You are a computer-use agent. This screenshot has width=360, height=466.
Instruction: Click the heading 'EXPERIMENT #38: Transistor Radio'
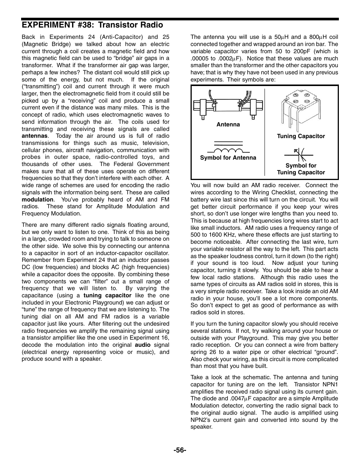92,25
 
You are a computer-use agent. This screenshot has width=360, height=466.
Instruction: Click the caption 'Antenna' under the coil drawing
228,125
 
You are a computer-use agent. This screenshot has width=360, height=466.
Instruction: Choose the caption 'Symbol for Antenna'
228,158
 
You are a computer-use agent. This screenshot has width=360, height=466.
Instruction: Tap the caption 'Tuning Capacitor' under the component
301,136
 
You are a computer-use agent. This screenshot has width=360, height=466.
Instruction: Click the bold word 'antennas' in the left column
34,136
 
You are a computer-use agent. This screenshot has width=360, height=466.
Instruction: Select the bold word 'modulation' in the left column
37,200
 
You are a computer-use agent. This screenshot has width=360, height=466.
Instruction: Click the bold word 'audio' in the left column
142,345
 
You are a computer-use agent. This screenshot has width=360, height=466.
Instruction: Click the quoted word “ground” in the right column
325,352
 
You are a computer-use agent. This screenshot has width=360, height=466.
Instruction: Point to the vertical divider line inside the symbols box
265,132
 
